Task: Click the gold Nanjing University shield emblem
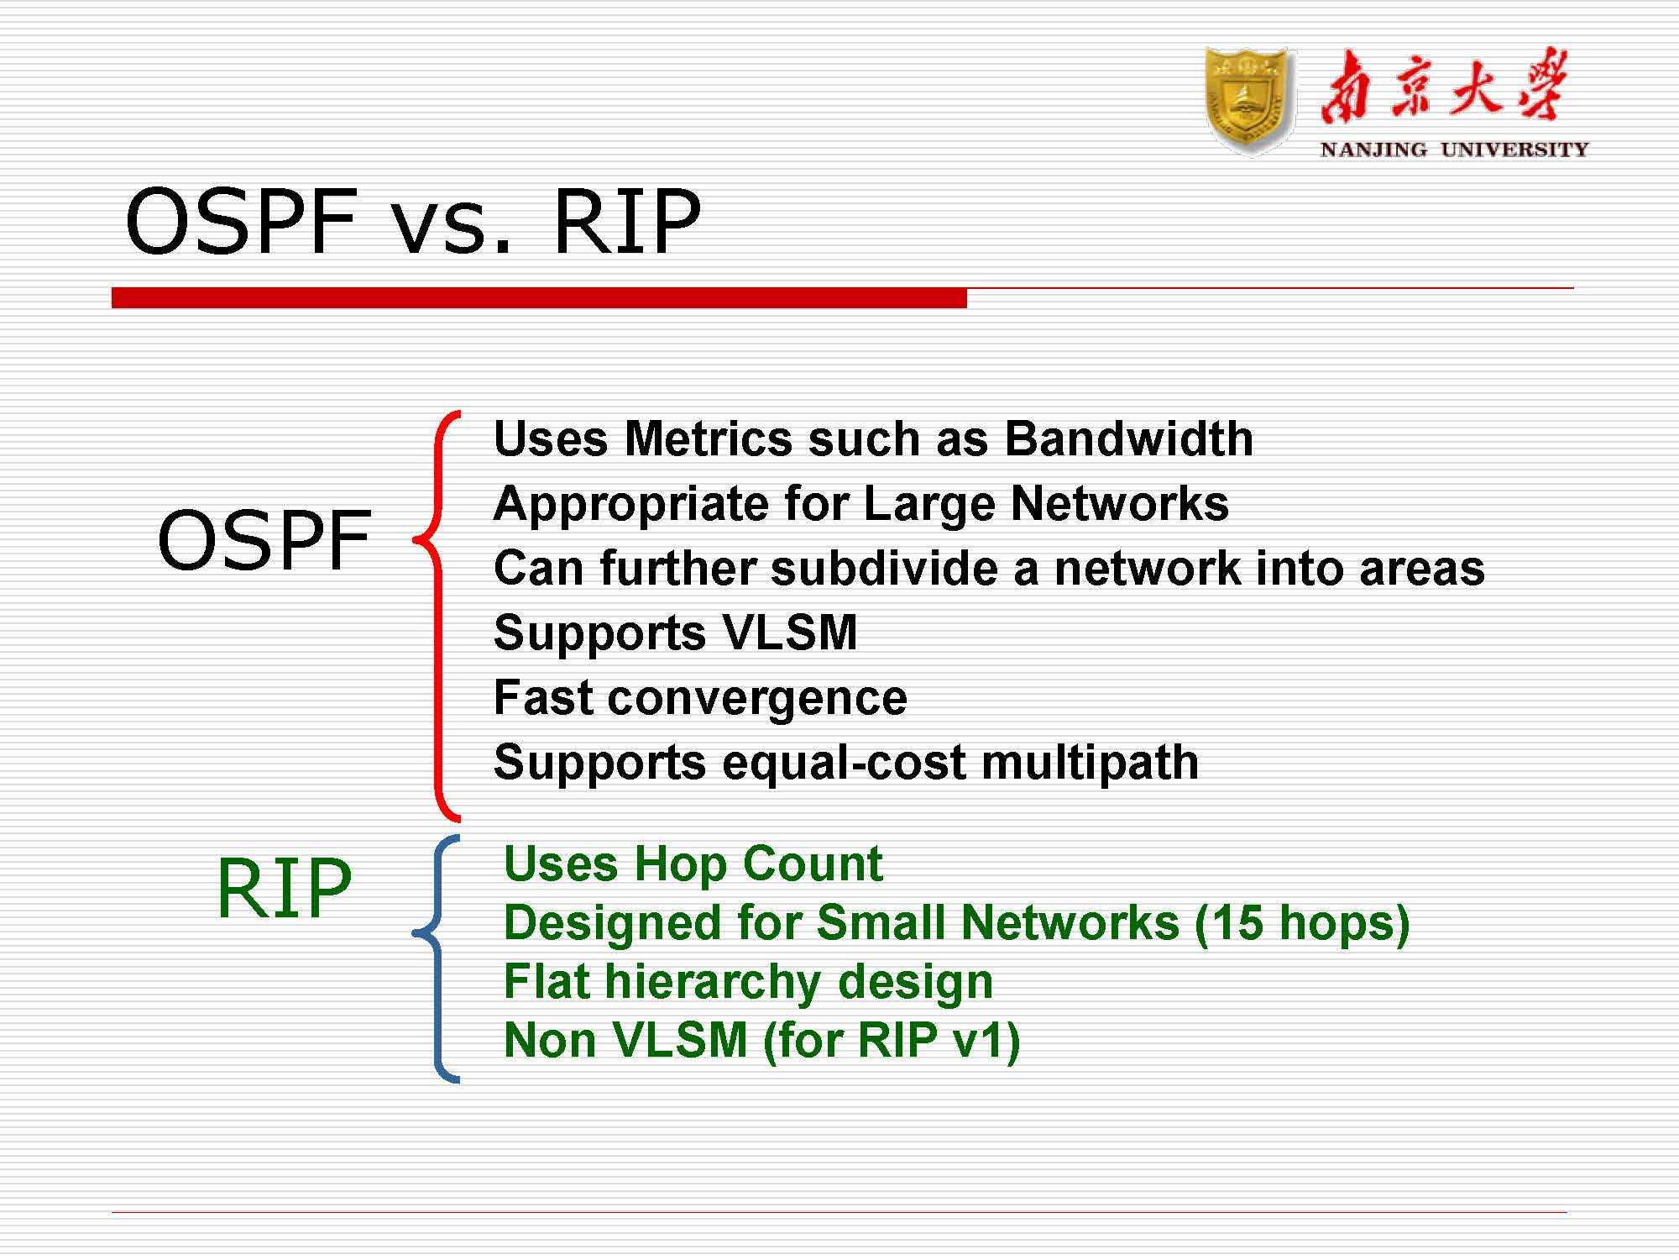click(1249, 101)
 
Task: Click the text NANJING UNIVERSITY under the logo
click(1454, 150)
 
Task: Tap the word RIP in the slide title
click(626, 222)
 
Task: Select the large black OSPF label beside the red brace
click(264, 540)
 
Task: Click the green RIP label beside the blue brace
click(284, 888)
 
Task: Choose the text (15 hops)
click(1301, 923)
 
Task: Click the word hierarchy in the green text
click(713, 982)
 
